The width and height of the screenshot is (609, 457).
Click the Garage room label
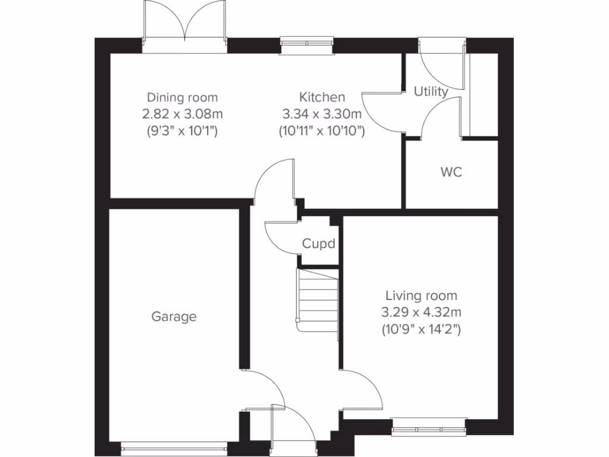pos(174,317)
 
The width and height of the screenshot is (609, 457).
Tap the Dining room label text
pos(183,97)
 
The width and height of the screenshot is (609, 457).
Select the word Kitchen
pos(322,97)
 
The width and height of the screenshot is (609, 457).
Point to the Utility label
pos(431,92)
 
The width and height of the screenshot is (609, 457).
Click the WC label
pos(451,173)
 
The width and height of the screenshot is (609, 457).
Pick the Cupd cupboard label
pos(319,243)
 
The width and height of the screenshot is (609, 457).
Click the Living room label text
pos(422,295)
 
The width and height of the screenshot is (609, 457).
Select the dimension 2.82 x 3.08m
pos(183,114)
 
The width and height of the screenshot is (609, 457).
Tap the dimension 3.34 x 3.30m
pos(322,114)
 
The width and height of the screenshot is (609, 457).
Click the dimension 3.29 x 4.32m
pos(422,311)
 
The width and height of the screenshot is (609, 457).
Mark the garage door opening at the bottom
pos(174,444)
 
